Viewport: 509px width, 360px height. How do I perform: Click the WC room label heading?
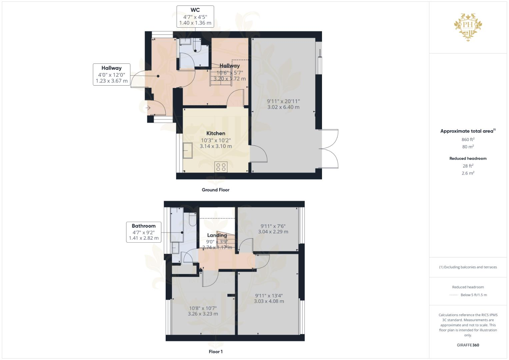(195, 10)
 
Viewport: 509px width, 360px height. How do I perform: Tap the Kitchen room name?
(216, 133)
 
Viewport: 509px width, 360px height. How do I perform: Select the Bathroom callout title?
(143, 226)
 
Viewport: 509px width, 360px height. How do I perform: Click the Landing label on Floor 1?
(217, 235)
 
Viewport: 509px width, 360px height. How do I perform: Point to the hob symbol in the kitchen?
(221, 167)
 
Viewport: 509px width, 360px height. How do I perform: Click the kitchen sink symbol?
(187, 151)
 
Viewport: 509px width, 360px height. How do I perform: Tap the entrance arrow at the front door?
(148, 108)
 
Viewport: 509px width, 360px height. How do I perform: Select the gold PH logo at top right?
(468, 27)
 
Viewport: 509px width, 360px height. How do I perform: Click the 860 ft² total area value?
(468, 139)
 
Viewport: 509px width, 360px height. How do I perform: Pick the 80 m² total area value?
(468, 147)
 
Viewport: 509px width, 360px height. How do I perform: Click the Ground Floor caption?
(215, 190)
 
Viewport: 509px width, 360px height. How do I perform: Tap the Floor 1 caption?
(216, 352)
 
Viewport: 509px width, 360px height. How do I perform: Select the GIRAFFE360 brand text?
(468, 345)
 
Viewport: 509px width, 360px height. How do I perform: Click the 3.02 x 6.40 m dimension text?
(283, 107)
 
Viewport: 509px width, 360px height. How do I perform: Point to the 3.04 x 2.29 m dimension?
(273, 232)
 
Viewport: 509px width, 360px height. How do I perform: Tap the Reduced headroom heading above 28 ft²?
(468, 158)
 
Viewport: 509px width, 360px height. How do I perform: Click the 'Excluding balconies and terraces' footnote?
(468, 267)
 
